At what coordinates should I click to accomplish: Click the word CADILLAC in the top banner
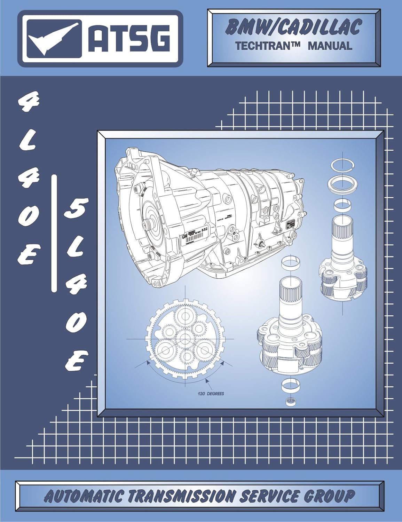314,28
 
